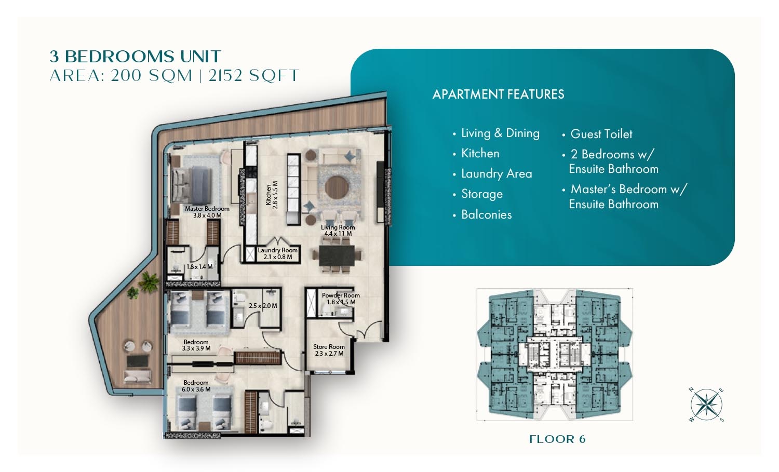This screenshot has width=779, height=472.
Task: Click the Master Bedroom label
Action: (x=207, y=209)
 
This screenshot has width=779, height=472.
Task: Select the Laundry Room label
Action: (x=277, y=250)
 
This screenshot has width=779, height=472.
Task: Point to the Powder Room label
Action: (x=341, y=295)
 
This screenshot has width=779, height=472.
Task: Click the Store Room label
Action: (x=329, y=347)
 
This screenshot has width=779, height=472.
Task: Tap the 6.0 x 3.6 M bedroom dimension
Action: (x=196, y=389)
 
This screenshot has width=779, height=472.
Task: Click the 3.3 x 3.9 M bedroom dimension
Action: (x=196, y=348)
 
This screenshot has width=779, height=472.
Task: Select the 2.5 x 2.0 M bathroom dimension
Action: (x=263, y=306)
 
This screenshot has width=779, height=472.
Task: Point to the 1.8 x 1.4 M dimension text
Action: (x=199, y=267)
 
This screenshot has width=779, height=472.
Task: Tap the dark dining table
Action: (x=337, y=255)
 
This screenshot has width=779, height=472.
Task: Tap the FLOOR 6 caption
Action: (x=557, y=439)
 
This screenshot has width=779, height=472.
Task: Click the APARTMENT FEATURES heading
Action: (x=498, y=94)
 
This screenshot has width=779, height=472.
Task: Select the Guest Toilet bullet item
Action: (x=601, y=134)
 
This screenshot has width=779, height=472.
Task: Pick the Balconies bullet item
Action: (x=486, y=214)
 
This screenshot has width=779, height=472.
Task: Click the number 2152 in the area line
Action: (x=225, y=76)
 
